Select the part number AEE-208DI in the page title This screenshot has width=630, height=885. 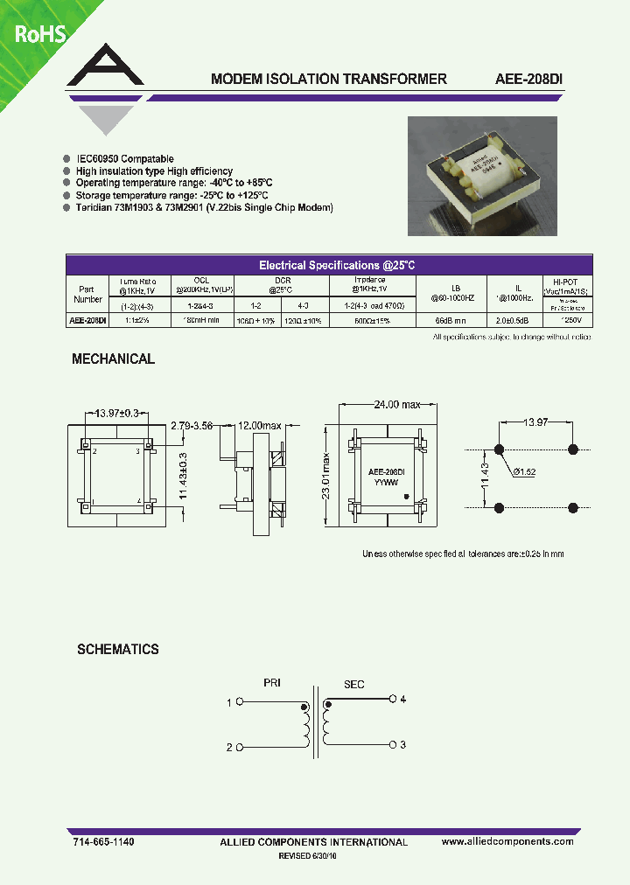[523, 79]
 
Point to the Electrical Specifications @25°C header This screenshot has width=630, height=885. [330, 265]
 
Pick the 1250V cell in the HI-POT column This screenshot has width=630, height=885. [566, 321]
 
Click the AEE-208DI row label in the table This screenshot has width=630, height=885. [87, 321]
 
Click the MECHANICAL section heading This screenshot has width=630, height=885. [113, 359]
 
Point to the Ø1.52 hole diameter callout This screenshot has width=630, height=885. [524, 471]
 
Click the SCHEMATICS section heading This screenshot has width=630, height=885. [117, 650]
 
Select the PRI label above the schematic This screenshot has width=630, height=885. [274, 684]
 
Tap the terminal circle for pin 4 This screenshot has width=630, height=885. [391, 700]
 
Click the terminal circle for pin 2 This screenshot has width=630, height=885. [239, 748]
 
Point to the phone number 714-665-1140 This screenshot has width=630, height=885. [103, 841]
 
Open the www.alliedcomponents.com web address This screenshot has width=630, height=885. [507, 841]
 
